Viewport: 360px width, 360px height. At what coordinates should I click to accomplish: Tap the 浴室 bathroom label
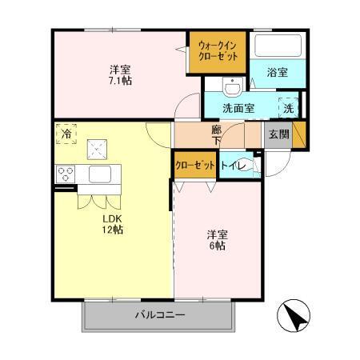coord(278,71)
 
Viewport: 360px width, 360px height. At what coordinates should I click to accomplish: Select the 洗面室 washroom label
coord(238,106)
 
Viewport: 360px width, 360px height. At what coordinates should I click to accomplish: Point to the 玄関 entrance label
coord(278,134)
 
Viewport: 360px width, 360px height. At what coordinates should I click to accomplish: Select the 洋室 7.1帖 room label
coord(122,74)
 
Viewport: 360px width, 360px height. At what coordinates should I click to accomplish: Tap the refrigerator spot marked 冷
coord(66,134)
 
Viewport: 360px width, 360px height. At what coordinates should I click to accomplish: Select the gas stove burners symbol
coord(66,174)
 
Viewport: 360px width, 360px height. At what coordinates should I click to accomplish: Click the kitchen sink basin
coord(99,174)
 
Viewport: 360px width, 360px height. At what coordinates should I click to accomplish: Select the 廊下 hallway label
coord(216,133)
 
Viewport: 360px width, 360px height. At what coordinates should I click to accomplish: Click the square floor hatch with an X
coord(98,149)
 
